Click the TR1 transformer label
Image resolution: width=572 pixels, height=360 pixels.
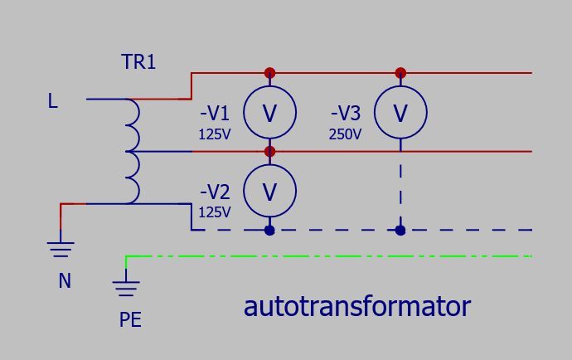point(138,61)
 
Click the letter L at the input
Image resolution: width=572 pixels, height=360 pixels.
point(52,100)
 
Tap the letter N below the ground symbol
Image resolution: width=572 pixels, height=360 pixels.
point(65,280)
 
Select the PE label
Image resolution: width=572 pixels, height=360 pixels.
point(130,319)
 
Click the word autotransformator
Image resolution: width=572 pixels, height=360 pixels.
point(357,307)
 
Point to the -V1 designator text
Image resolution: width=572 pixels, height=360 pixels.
point(215,113)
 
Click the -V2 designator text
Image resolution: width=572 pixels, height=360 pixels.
point(215,192)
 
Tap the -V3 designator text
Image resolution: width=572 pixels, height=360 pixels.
point(346,113)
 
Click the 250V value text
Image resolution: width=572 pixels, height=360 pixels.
point(345,134)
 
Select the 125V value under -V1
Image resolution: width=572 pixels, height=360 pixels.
point(215,134)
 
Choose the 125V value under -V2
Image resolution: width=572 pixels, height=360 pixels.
point(215,212)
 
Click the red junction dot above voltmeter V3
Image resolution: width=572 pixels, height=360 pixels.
point(400,73)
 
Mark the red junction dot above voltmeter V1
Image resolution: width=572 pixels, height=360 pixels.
point(269,73)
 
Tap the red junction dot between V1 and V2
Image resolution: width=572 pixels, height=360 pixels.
point(269,151)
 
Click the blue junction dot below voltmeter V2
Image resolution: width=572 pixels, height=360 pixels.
point(269,231)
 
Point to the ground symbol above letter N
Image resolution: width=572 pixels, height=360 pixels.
point(61,249)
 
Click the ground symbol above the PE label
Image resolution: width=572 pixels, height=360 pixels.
point(126,289)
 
